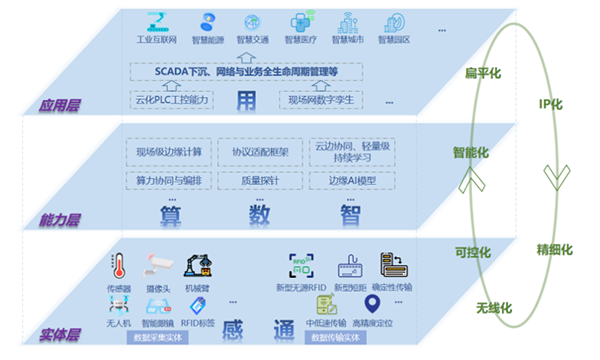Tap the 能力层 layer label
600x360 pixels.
[57, 218]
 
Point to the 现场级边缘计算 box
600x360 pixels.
[169, 152]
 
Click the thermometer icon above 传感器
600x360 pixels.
[119, 265]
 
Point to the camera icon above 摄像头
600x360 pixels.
[156, 265]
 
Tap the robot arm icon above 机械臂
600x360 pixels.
[194, 265]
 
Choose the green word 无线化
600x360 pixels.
[493, 307]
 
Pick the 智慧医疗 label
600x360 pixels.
[299, 41]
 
